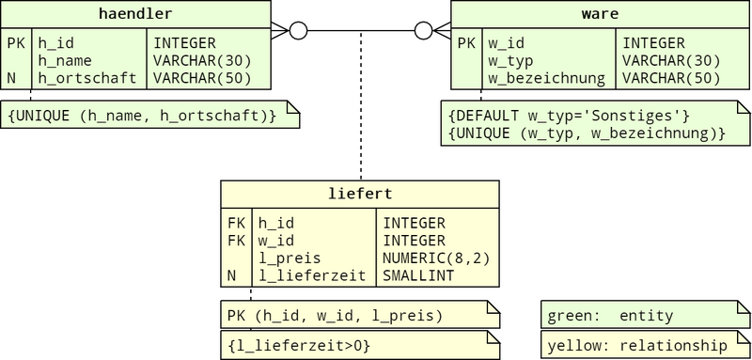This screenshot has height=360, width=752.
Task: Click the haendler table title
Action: coord(135,14)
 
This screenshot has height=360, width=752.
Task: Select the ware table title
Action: coord(600,14)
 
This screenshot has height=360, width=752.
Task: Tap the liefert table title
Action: coord(360,194)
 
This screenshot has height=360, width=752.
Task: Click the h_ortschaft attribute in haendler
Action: coord(87,78)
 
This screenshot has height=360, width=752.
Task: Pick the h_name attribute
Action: coord(65,61)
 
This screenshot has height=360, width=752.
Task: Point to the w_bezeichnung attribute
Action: coord(547,78)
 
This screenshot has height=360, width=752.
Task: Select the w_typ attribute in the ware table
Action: coord(510,61)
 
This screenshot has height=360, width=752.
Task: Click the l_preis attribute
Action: coord(290,258)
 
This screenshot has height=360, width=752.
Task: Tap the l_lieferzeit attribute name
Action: coord(312,275)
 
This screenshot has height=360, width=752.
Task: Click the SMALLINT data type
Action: coord(418,275)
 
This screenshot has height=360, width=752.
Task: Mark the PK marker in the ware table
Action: coord(466,43)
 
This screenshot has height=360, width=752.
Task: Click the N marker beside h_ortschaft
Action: coord(11,78)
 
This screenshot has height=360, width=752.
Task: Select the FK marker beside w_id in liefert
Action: coord(237,241)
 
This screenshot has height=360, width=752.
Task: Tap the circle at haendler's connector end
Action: coord(298,31)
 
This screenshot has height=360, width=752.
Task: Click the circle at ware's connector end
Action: coord(423,31)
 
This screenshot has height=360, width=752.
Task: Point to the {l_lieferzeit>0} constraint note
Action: coord(360,345)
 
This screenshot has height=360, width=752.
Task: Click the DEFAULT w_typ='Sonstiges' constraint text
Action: coord(569,116)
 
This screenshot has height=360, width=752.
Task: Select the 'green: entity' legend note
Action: coord(646,315)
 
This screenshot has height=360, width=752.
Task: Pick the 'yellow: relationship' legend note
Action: coord(646,344)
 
